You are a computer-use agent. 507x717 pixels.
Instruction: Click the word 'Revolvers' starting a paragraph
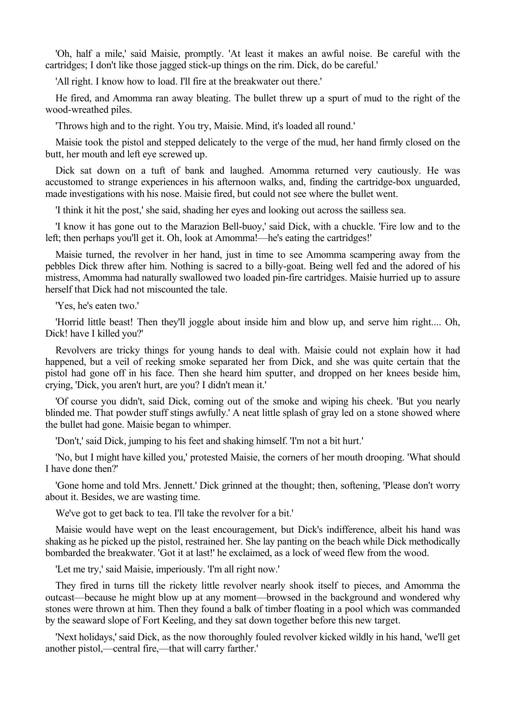coord(74,351)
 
